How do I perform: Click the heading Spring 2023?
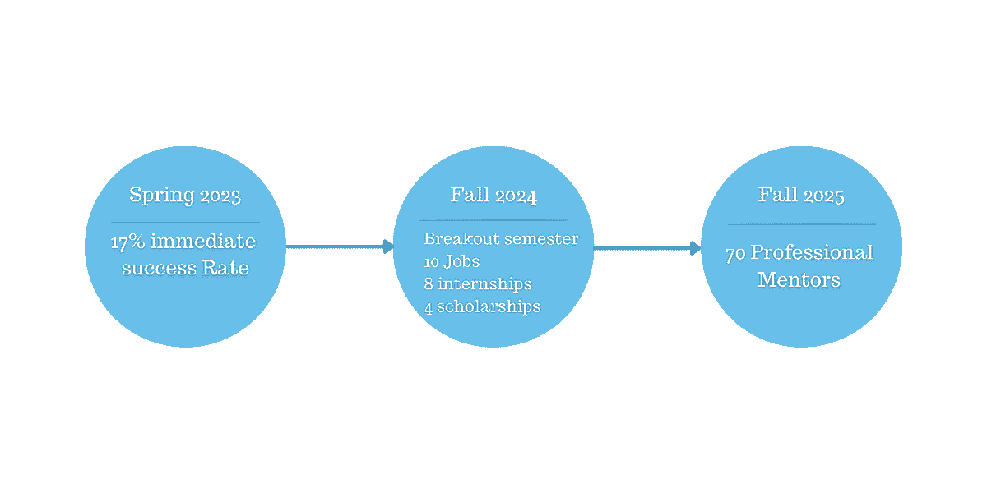[185, 196]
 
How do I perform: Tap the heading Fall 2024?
[493, 196]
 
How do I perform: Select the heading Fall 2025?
[801, 196]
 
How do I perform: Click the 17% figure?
[128, 242]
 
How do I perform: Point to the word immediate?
[203, 242]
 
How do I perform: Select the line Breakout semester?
[501, 239]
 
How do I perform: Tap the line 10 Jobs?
[452, 262]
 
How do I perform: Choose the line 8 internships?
[478, 284]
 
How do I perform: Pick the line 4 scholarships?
[482, 306]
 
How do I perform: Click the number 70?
[735, 253]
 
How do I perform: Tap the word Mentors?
[799, 280]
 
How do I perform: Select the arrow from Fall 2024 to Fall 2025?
[646, 247]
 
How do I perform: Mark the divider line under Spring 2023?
[185, 223]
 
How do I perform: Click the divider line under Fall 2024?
[493, 220]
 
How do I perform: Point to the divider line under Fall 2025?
[801, 224]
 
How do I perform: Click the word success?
[159, 268]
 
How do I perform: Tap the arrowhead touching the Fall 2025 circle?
[696, 247]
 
